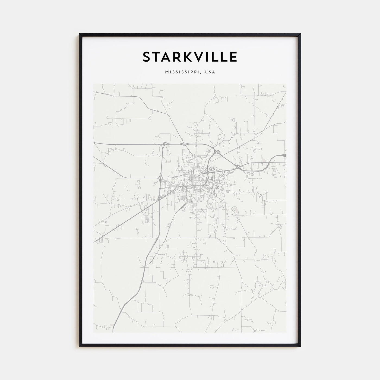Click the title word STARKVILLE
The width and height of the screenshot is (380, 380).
pos(190,57)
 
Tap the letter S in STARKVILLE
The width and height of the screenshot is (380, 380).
pos(147,57)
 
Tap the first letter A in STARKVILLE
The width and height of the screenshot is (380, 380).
pos(165,57)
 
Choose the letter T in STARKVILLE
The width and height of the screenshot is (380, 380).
pos(156,57)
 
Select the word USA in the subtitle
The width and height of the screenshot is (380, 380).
pos(210,72)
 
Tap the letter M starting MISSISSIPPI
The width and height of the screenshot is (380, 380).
pos(166,72)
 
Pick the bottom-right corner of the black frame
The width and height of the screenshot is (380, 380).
pos(300,346)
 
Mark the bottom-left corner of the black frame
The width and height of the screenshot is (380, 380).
pos(80,346)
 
